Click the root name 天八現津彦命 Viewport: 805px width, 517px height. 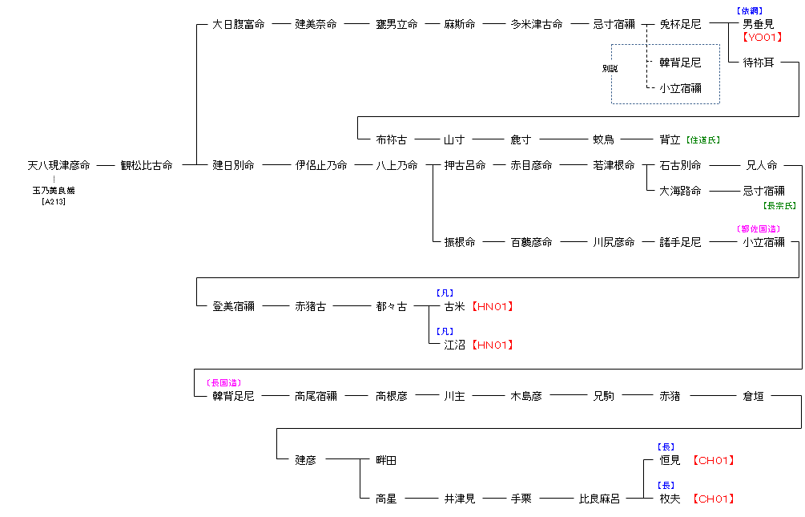tap(58, 166)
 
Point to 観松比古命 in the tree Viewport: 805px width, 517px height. tap(147, 166)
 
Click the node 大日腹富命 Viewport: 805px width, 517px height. tap(239, 25)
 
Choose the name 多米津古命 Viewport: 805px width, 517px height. tap(537, 25)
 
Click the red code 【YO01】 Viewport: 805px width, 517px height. tap(761, 37)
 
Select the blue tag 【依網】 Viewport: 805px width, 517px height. tap(749, 11)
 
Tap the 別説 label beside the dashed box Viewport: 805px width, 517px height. tap(610, 69)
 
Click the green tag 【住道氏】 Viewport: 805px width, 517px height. tap(702, 140)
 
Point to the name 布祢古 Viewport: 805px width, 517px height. tap(392, 140)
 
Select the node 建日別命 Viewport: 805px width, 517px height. tap(233, 166)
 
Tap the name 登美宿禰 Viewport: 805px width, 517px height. tap(233, 307)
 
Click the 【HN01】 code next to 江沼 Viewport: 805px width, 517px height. tap(492, 345)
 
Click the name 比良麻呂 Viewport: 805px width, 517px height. tap(599, 499)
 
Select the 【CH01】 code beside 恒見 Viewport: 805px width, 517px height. tap(713, 461)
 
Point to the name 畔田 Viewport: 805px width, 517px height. tap(386, 461)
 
